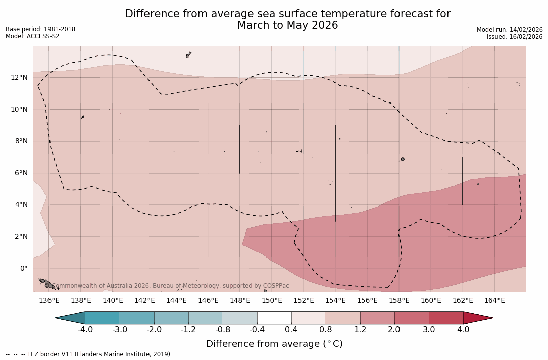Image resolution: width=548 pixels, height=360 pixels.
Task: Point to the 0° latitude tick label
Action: pos(23,268)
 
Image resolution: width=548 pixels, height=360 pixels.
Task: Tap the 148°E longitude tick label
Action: pos(240,301)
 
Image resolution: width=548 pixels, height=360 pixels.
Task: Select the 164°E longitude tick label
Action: pos(494,301)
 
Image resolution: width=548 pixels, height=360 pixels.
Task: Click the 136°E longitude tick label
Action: pos(49,301)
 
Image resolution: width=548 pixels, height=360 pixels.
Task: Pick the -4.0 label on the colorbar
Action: pos(85,330)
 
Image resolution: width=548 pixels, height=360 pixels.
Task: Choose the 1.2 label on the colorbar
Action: pos(360,330)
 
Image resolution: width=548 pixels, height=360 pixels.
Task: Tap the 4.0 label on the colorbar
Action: pos(463,330)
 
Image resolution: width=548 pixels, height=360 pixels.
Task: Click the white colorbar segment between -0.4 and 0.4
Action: pos(274,318)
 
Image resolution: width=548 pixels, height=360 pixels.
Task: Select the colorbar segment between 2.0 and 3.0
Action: pos(412,318)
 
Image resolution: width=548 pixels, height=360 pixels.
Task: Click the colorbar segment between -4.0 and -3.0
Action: pos(103,318)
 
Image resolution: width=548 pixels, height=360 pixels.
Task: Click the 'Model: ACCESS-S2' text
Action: pos(32,36)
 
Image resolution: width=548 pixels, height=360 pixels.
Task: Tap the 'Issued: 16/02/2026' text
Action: pos(515,37)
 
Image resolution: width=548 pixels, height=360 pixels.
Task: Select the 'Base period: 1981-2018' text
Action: pos(40,29)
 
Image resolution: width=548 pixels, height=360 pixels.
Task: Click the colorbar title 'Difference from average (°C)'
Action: pos(274,344)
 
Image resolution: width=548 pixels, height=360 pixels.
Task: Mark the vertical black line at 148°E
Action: pos(240,149)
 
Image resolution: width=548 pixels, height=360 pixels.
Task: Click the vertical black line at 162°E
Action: pos(463,181)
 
